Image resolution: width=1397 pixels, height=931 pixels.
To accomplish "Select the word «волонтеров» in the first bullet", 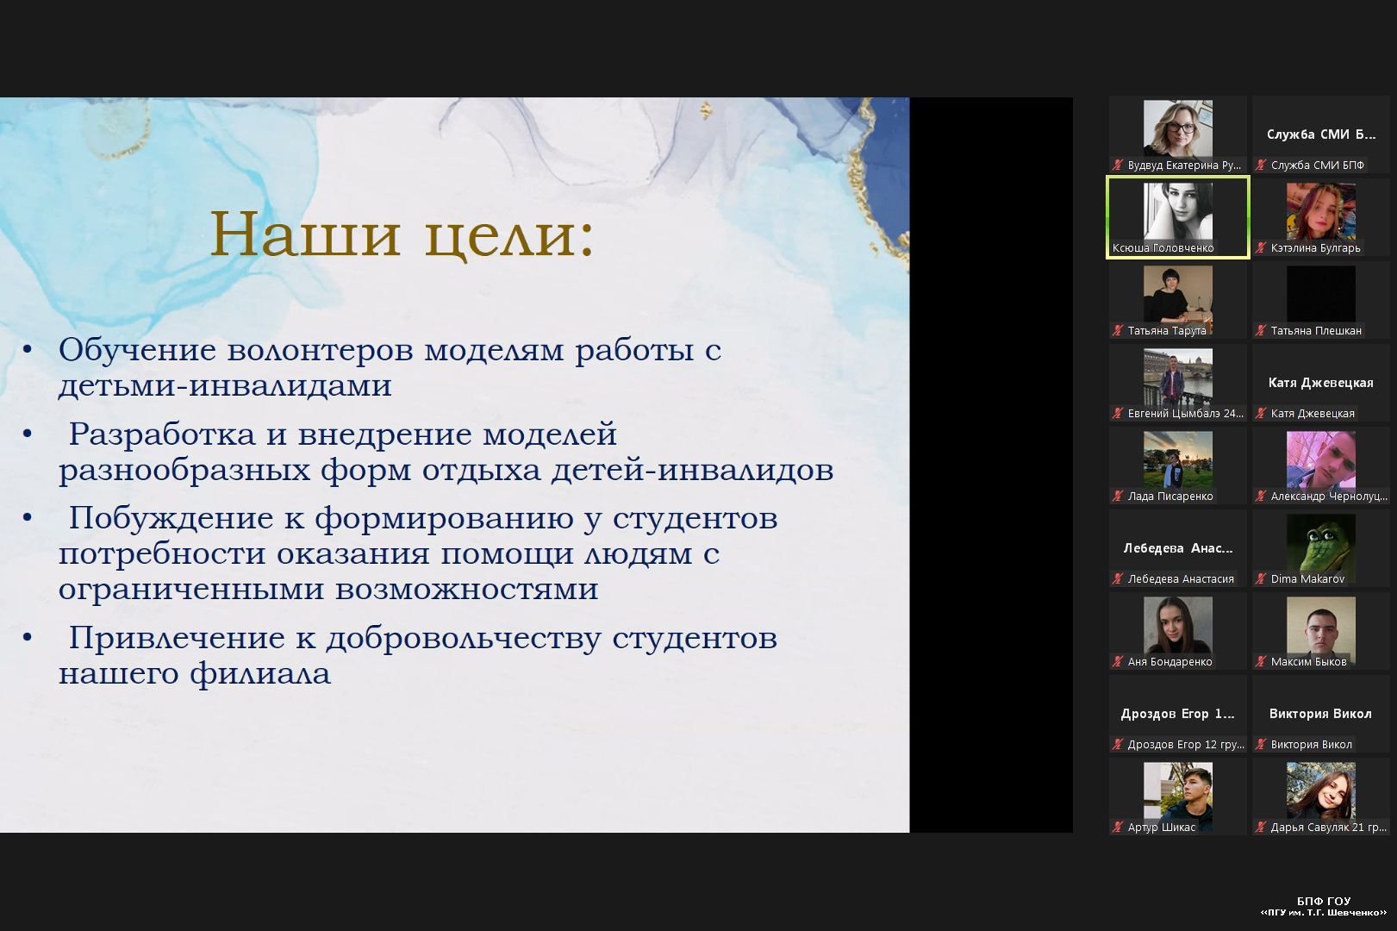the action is click(320, 350).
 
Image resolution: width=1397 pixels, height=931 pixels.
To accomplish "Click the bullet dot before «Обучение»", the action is click(27, 349).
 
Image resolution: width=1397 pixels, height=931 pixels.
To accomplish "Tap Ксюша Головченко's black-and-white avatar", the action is click(1177, 211).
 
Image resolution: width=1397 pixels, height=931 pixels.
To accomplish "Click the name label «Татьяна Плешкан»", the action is click(1316, 331).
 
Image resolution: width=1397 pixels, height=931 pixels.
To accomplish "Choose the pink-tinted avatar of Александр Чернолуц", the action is click(1320, 459).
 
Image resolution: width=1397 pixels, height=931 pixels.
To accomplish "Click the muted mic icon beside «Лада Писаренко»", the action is click(1117, 497).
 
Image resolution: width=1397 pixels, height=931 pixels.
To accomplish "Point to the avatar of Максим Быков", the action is click(1320, 625).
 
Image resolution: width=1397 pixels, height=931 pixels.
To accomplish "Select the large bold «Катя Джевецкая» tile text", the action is click(1320, 383).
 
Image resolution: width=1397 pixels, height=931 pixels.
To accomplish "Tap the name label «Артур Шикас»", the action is click(1161, 828).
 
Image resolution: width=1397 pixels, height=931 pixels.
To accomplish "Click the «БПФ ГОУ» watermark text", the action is click(1324, 901).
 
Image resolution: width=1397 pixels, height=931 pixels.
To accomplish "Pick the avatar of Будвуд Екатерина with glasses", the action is click(1177, 128).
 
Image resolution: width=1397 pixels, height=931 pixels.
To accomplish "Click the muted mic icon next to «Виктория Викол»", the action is click(1261, 745).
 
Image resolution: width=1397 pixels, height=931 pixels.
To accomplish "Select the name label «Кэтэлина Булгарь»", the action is click(1315, 248).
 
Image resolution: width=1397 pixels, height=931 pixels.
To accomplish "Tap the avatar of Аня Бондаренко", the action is click(1177, 625).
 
